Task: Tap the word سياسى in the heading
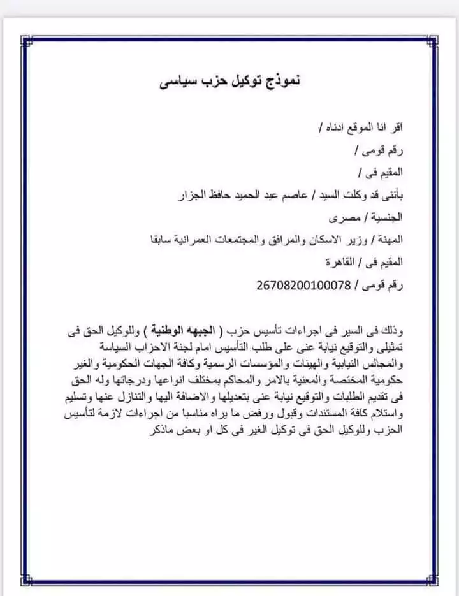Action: (x=171, y=83)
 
